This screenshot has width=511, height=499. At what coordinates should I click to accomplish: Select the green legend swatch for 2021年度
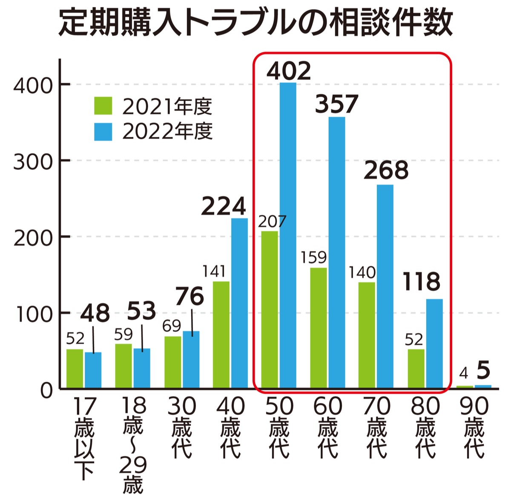[x=103, y=106]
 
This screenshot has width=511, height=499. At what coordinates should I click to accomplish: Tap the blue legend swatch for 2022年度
[x=103, y=132]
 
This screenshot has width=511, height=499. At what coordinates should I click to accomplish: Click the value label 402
[x=289, y=71]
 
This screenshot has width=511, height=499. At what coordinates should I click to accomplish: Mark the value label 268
[x=386, y=170]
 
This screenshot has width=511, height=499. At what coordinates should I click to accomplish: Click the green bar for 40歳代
[x=221, y=335]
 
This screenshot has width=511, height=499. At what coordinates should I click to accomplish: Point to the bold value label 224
[x=223, y=206]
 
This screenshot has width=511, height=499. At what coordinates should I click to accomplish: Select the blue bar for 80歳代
[x=434, y=343]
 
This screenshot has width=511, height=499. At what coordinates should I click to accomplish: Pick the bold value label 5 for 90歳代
[x=483, y=371]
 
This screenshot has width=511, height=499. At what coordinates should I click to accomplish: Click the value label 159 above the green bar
[x=313, y=258]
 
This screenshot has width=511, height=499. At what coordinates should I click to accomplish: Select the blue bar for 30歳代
[x=191, y=360]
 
